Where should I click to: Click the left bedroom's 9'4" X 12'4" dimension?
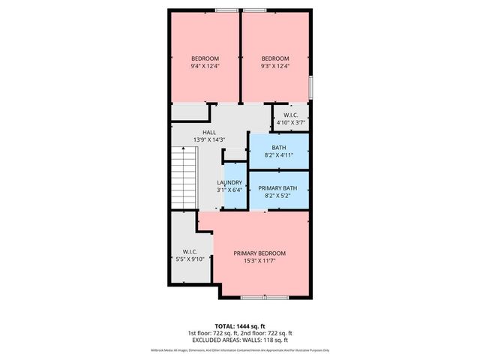point(205,67)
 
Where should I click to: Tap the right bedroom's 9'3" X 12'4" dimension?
point(274,67)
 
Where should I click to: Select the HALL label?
point(198,132)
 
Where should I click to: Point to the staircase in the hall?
point(183,176)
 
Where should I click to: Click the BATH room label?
point(278,147)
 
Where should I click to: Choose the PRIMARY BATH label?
point(278,187)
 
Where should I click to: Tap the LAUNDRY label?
point(229,182)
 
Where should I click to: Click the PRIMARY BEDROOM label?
point(259,253)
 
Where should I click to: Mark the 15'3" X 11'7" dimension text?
point(259,261)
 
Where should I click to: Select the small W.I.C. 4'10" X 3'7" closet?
point(292,118)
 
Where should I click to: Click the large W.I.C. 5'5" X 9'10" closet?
point(188,255)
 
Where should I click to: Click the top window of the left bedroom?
point(224,10)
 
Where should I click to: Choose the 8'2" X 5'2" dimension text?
point(278,195)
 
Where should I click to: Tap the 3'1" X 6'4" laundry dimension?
point(229,190)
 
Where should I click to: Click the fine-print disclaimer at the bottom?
point(240,351)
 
